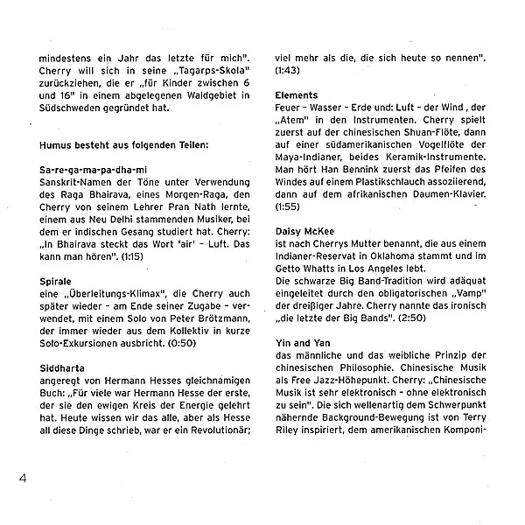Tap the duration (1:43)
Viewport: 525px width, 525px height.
click(287, 67)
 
